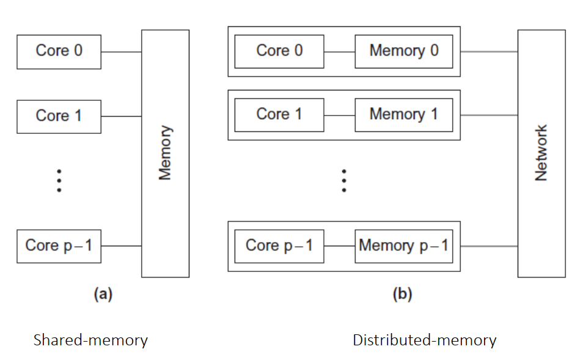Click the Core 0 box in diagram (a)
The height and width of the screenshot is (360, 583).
coord(59,52)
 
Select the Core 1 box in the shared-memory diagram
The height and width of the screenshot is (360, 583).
coord(59,116)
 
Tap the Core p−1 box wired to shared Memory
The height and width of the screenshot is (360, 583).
coord(59,246)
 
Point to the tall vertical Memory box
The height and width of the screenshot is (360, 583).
coord(165,153)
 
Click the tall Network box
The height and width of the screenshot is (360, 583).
coord(541,153)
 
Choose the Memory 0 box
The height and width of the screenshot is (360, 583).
coord(403,51)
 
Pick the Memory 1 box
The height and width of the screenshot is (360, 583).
coord(403,115)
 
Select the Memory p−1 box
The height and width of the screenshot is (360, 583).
coord(403,246)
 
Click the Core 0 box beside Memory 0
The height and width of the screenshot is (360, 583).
coord(279,51)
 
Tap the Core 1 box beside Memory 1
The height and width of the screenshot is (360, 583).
coord(279,115)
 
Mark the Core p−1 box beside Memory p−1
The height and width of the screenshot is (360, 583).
coord(279,246)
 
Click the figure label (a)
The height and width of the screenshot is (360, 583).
coord(103,295)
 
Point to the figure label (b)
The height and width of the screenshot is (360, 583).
coord(402,295)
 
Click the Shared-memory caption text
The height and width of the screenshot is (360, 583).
coord(90,340)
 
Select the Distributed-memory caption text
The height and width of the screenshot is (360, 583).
coord(424,340)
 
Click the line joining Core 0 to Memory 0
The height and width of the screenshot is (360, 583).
coord(339,51)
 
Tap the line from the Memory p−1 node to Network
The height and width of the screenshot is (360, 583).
coord(489,246)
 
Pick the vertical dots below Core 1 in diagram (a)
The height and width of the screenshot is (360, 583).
coord(59,181)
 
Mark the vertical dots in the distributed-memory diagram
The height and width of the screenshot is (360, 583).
coord(344,181)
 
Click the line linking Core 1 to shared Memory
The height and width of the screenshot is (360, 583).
coord(121,116)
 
